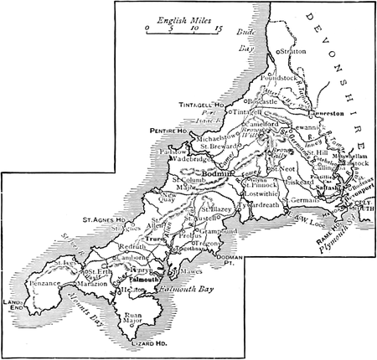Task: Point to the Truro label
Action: pyautogui.click(x=153, y=239)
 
